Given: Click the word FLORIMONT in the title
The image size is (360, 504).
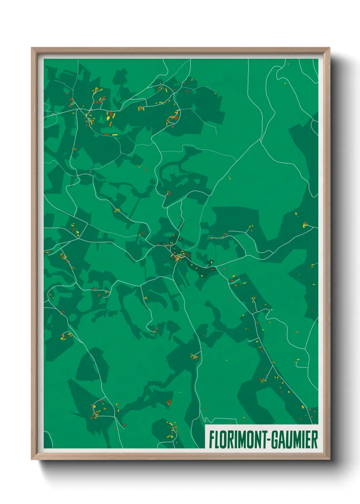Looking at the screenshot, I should (235, 440).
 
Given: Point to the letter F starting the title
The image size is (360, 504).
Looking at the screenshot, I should (211, 440).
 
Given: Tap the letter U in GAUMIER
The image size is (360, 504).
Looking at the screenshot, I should (285, 440).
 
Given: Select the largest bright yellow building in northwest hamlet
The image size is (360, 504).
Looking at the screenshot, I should (109, 118).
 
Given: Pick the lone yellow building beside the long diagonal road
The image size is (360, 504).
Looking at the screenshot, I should (229, 177).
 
